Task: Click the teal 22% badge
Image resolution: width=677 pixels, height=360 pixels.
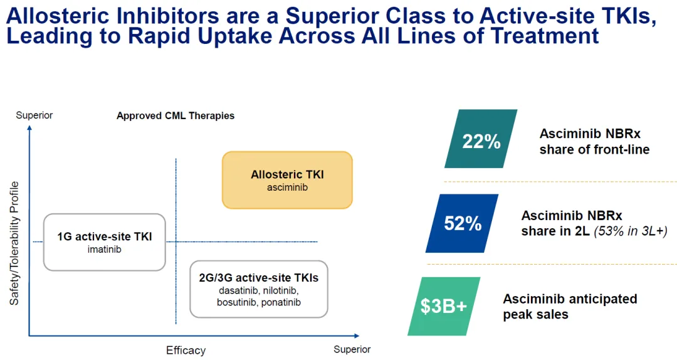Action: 481,139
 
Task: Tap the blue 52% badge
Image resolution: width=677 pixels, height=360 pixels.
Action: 462,223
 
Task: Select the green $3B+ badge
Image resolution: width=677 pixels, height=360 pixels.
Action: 444,306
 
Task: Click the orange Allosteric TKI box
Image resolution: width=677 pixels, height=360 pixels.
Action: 287,180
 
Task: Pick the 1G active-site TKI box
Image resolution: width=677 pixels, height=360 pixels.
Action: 105,242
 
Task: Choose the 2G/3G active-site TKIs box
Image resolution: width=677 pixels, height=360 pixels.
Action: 259,289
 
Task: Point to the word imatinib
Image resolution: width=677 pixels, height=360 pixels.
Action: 105,250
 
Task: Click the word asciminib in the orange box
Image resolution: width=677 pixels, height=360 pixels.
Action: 287,188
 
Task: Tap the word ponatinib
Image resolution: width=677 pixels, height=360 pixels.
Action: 281,302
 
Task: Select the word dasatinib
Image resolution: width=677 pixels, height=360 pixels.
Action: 239,290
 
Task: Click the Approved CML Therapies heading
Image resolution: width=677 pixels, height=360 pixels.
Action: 176,116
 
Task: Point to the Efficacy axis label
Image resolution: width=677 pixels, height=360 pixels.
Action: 186,350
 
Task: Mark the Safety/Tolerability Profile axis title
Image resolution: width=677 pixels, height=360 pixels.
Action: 14,243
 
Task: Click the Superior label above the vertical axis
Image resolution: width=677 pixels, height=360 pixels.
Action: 34,115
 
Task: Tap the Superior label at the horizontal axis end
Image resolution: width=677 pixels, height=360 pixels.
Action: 352,349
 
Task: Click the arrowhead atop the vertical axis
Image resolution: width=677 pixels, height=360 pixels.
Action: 29,127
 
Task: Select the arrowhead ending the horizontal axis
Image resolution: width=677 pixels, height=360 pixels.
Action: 357,336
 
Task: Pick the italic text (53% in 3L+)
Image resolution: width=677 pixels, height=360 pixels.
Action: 631,231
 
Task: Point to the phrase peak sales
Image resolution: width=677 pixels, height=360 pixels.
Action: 535,315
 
